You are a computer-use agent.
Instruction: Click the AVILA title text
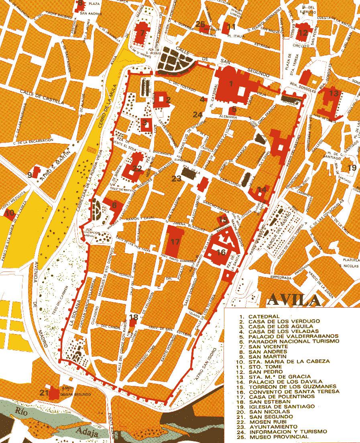point(293,300)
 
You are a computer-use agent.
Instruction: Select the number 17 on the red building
point(175,242)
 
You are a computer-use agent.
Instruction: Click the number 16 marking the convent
point(221,252)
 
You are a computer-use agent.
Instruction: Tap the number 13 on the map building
point(334,93)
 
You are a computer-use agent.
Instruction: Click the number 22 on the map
point(137,169)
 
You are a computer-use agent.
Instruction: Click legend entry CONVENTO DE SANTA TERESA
point(293,391)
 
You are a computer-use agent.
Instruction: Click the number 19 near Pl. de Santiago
point(352,167)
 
